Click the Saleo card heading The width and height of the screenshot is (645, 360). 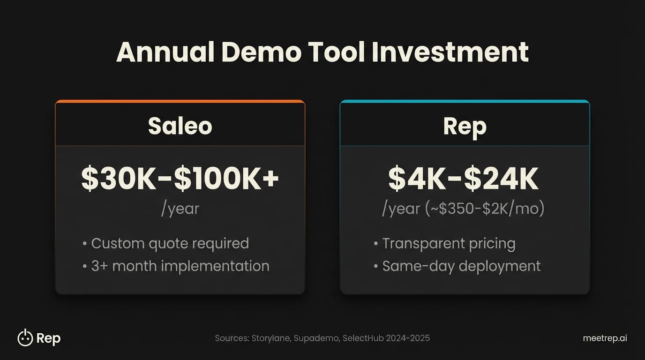coord(180,126)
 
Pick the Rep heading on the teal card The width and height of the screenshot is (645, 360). coord(465,126)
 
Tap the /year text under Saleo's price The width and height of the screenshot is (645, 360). coord(180,209)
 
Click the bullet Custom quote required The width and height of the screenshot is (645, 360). coord(169,244)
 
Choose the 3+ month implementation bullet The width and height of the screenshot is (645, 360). coord(180,266)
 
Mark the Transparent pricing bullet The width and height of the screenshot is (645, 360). coord(448,244)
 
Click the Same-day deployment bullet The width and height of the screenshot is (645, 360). coord(461,266)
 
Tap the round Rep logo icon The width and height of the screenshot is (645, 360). coord(25,337)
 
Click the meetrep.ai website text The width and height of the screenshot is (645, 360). coord(605,338)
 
